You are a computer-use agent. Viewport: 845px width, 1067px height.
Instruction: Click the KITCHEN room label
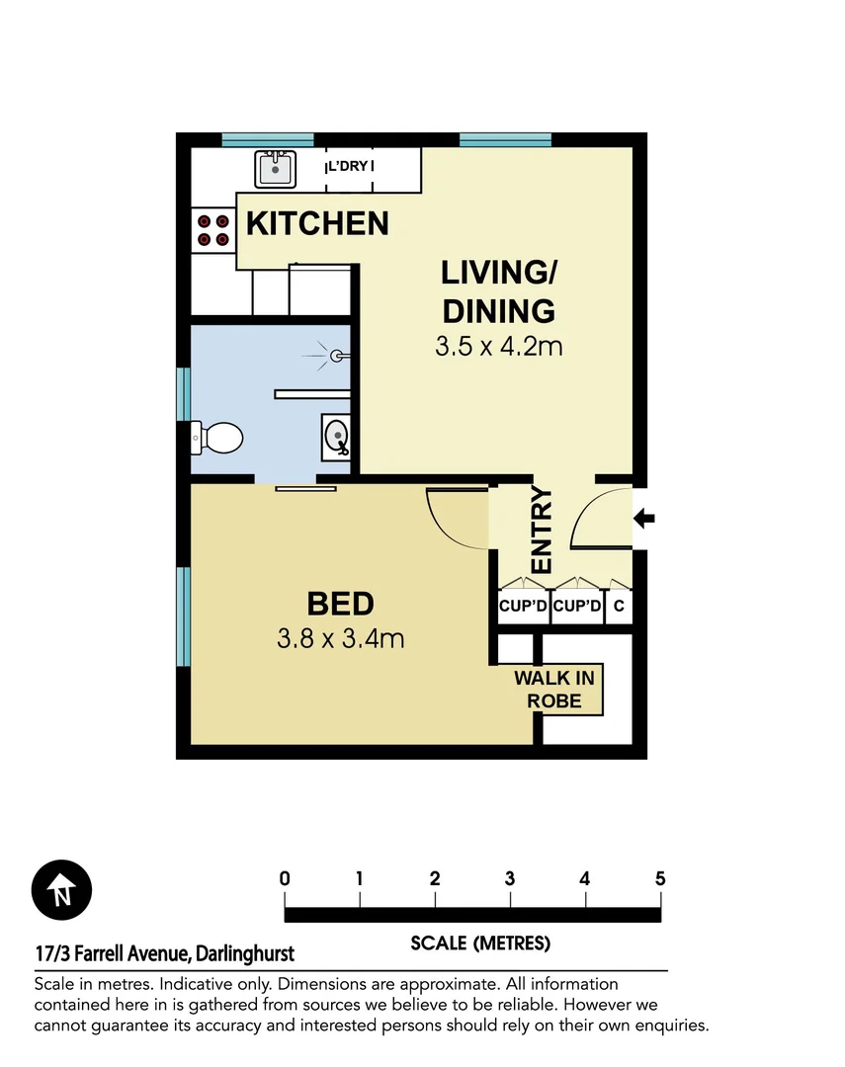tap(317, 223)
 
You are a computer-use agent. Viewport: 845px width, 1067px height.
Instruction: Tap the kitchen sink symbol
tap(275, 169)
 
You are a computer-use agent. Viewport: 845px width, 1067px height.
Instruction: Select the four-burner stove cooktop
tap(211, 230)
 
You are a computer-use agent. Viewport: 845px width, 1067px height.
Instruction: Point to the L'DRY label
tap(350, 166)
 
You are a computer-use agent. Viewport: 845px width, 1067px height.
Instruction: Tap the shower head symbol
tap(336, 354)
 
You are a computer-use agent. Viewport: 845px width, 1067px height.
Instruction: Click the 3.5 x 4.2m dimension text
tap(499, 347)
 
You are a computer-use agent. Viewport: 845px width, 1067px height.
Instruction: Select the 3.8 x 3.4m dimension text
tap(341, 638)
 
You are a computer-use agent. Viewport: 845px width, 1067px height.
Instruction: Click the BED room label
tap(340, 603)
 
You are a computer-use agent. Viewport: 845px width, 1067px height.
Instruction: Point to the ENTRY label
tap(542, 530)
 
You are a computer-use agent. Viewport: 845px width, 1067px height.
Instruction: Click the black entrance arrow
tap(643, 517)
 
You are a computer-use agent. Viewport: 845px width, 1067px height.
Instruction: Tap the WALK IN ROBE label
tap(554, 690)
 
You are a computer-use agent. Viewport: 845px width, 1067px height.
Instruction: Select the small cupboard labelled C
tap(619, 607)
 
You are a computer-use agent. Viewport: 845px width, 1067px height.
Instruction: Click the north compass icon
tap(61, 889)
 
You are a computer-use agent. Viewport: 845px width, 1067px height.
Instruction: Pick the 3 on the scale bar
tap(510, 878)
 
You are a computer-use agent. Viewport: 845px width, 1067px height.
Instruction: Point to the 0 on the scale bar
tap(285, 878)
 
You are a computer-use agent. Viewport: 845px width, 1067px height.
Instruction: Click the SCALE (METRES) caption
tap(479, 944)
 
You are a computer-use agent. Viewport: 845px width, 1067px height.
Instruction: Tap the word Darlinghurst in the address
tap(245, 954)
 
